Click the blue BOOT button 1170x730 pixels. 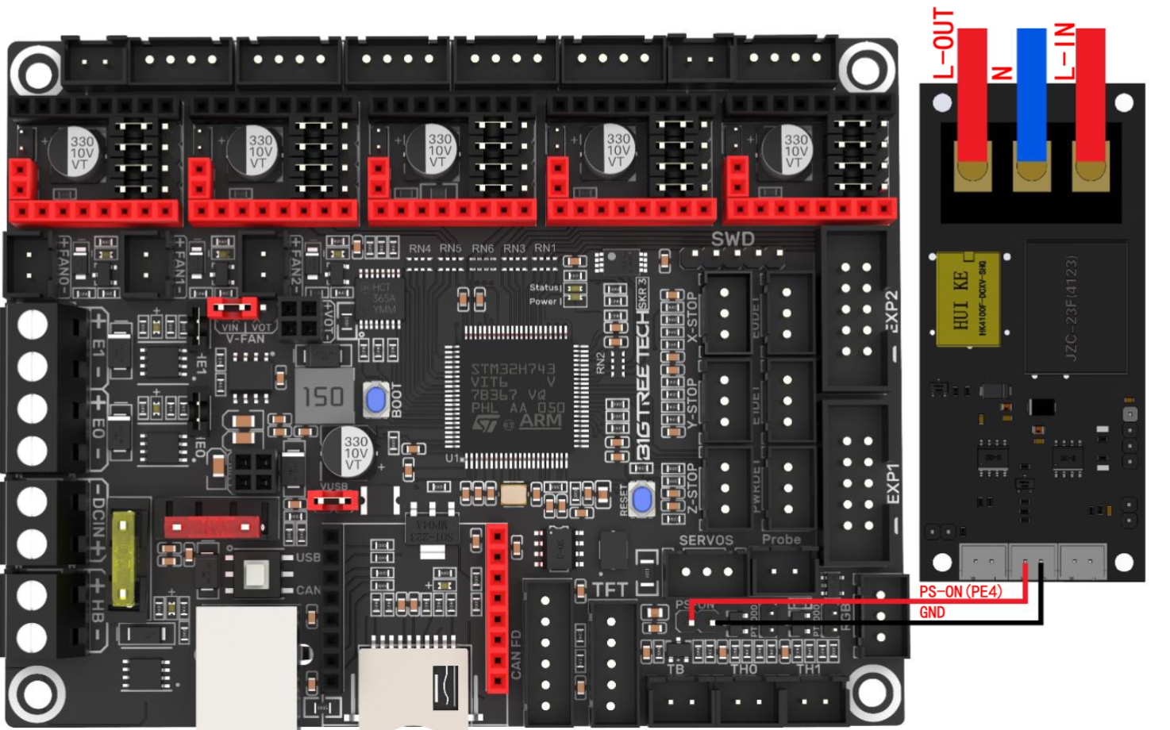coord(375,398)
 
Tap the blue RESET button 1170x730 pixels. coord(642,498)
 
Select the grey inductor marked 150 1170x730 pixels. coord(324,395)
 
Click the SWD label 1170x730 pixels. coord(732,239)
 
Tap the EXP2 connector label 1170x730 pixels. coord(891,312)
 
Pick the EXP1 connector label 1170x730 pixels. coord(892,483)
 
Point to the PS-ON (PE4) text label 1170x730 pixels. coord(960,592)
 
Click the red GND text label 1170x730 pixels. coord(932,613)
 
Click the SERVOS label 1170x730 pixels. coord(706,540)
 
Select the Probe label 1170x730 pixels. coord(781,540)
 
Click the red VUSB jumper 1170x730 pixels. coord(333,501)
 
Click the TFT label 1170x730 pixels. coord(610,590)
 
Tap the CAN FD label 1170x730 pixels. coord(516,655)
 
